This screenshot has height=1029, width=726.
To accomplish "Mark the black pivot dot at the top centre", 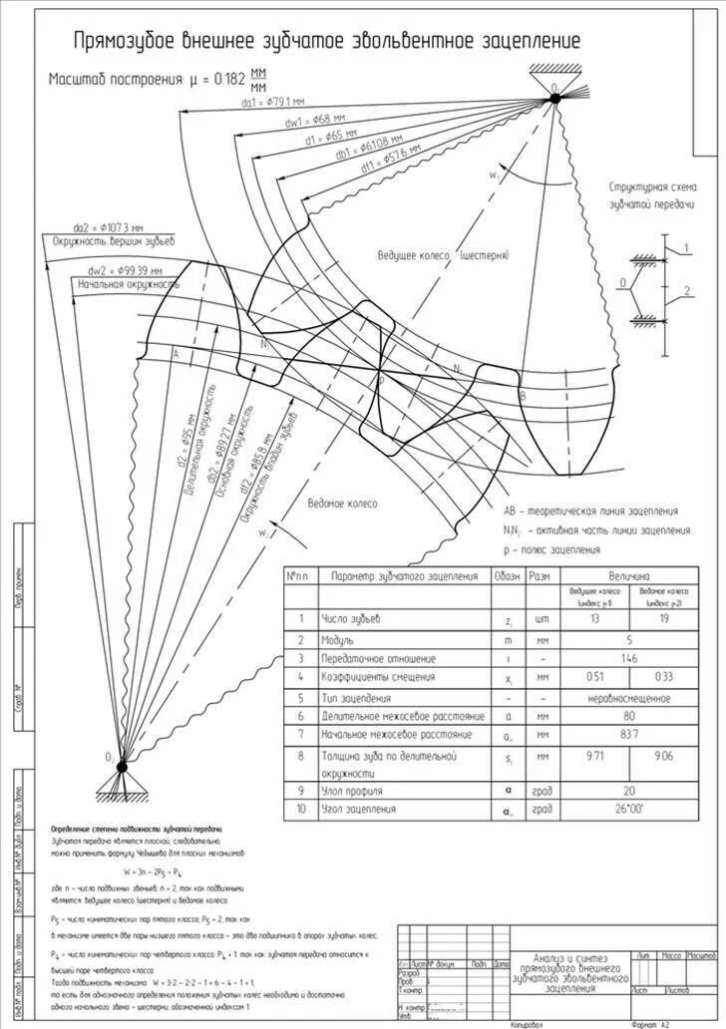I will (555, 97).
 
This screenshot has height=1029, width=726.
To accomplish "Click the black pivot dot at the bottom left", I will (122, 766).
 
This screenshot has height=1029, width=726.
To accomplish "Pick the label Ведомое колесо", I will (342, 504).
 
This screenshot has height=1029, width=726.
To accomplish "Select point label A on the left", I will (176, 353).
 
